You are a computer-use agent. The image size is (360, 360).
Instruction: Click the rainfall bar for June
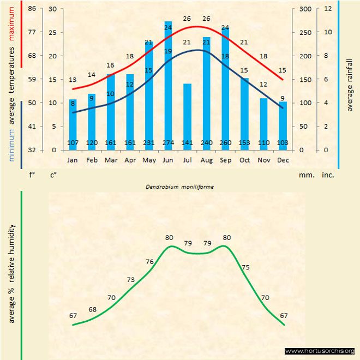point(168,82)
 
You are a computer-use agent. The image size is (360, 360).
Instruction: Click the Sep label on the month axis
point(225,160)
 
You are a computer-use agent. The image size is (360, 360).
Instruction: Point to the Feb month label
point(92,160)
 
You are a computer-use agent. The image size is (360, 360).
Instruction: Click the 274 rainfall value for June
point(168,143)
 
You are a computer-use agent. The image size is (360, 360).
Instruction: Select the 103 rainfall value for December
point(283,143)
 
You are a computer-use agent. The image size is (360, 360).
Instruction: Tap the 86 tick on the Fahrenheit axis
point(32,9)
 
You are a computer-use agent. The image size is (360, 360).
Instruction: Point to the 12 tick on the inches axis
point(328,9)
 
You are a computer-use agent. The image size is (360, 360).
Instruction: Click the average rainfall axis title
point(350,84)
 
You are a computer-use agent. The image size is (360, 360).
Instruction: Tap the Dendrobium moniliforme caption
point(179,187)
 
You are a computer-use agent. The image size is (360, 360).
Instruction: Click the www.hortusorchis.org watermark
point(320,351)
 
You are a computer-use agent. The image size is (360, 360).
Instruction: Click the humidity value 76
point(149,262)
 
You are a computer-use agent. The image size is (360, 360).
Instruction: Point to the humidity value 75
point(245,267)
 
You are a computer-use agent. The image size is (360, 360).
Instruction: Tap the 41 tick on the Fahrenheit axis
point(32,126)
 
